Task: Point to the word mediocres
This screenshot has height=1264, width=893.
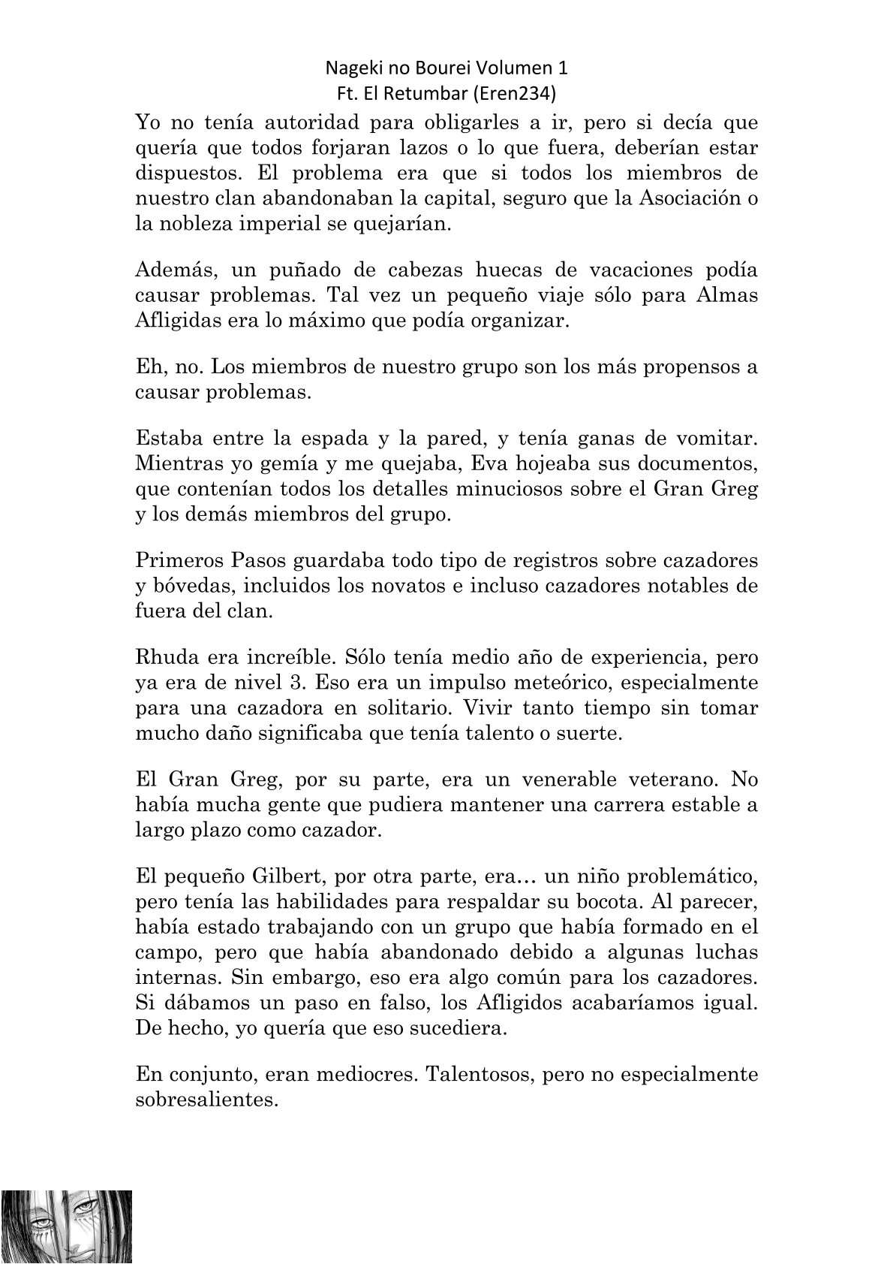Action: pyautogui.click(x=362, y=1075)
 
